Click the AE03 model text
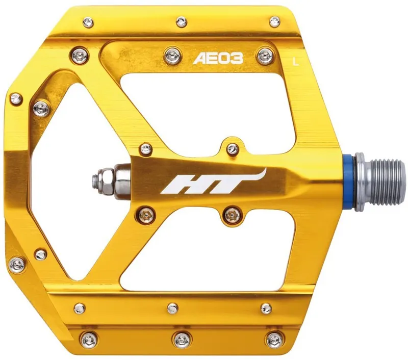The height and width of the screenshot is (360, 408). [x=218, y=59]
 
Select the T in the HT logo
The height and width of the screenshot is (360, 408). [x=224, y=185]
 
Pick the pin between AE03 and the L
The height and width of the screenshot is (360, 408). [x=264, y=56]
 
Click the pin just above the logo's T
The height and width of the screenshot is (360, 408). [x=233, y=149]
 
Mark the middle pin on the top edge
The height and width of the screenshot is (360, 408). [x=181, y=22]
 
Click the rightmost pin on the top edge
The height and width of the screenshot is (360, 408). [x=274, y=21]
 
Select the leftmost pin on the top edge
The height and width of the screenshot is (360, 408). [x=88, y=22]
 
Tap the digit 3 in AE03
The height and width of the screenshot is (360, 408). [x=238, y=59]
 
